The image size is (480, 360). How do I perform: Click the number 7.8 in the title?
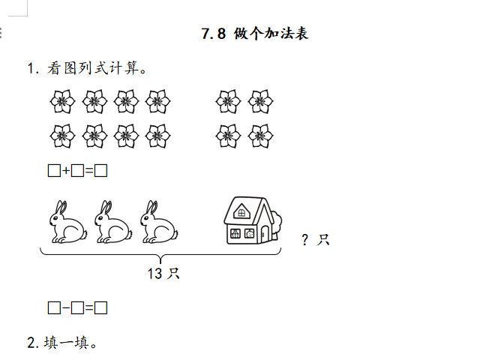(x=214, y=33)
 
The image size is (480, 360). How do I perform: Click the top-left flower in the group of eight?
(x=62, y=102)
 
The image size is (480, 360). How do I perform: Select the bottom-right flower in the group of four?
(x=260, y=136)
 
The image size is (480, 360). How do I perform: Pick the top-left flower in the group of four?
(x=228, y=102)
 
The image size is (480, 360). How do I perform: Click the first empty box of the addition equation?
(x=54, y=170)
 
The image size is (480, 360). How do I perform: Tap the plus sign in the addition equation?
(x=66, y=170)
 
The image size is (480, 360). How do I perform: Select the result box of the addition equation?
(x=100, y=170)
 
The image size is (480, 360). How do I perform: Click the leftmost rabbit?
(x=68, y=222)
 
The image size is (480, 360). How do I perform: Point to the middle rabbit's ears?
(x=106, y=208)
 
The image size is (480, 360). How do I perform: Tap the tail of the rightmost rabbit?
(x=175, y=235)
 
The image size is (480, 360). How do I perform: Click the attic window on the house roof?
(x=241, y=211)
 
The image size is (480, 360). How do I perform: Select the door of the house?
(x=265, y=234)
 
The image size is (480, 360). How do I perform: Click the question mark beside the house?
(x=305, y=240)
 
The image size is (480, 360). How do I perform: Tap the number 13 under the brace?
(x=154, y=273)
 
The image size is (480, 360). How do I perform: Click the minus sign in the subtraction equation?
(x=66, y=307)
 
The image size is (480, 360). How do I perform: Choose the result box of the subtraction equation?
(x=100, y=307)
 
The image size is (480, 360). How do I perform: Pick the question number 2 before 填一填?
(x=31, y=343)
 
